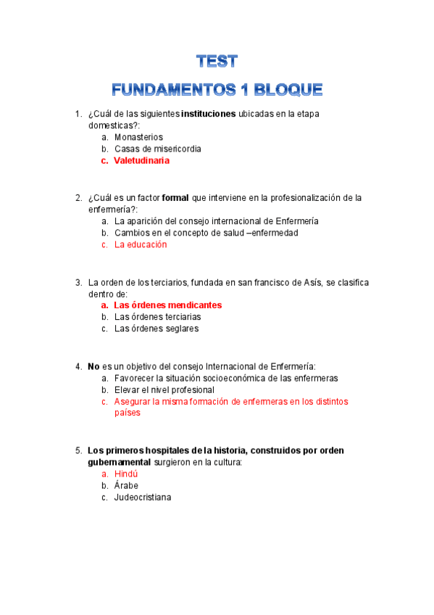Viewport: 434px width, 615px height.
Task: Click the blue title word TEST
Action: [x=217, y=61]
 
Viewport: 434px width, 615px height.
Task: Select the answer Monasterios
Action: [x=138, y=137]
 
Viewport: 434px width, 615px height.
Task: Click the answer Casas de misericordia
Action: [x=157, y=149]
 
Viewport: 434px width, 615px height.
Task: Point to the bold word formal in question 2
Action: [x=175, y=198]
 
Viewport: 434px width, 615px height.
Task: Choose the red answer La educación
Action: [x=141, y=244]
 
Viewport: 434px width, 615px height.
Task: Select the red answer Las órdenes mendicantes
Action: [x=167, y=305]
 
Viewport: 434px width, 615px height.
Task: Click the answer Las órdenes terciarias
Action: [x=157, y=317]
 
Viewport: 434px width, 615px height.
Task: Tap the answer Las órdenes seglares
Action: [x=156, y=329]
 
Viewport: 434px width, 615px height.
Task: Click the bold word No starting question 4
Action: [x=93, y=366]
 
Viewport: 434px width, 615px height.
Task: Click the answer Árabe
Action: [x=126, y=485]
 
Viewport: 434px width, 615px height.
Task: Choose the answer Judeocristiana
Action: [x=143, y=497]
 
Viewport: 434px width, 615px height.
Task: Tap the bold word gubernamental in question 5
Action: [x=119, y=462]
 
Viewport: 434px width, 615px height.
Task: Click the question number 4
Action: [x=78, y=366]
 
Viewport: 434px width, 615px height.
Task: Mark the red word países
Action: [x=127, y=413]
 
